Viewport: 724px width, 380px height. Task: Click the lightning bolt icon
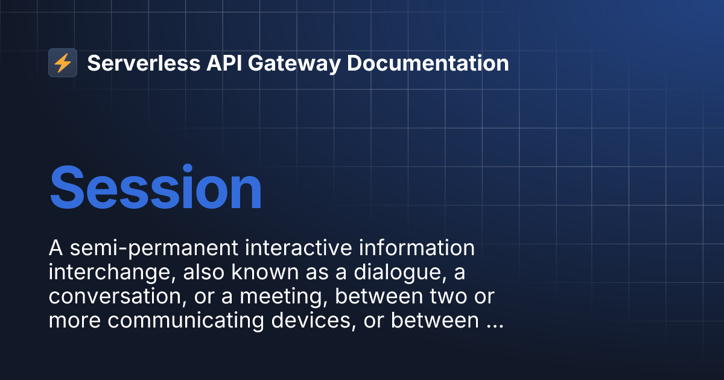click(63, 63)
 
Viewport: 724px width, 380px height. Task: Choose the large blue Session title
click(156, 188)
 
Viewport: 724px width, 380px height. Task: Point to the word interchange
click(107, 273)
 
